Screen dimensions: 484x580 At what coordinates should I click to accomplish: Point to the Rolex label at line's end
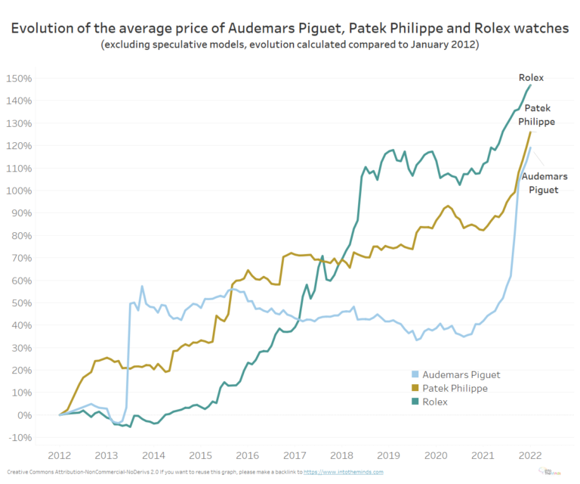click(531, 77)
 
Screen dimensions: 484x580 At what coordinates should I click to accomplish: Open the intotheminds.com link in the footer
click(343, 472)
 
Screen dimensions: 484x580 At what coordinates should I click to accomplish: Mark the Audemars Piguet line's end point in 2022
click(530, 147)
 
